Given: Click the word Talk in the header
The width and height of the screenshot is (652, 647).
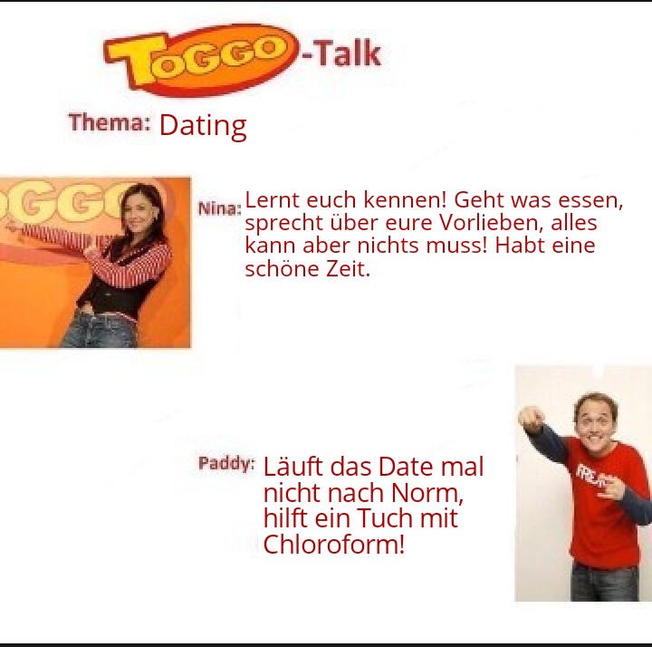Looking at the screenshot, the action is coord(346,53).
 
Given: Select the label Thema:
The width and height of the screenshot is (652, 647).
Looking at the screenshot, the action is coord(110,122).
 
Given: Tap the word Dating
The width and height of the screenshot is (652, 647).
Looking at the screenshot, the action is coord(203,126).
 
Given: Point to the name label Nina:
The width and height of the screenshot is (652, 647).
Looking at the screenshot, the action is coord(219,208).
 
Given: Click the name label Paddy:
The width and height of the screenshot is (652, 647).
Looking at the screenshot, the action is coord(226,463).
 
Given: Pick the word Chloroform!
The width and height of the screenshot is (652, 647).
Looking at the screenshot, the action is coord(333,544).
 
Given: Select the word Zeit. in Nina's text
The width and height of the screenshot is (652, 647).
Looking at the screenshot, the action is coord(348,269).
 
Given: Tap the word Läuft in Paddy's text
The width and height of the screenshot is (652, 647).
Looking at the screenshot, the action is coord(292,466).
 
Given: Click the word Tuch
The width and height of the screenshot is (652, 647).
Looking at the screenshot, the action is coord(385,517).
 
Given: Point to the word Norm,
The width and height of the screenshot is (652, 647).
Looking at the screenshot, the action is coord(427,493).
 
